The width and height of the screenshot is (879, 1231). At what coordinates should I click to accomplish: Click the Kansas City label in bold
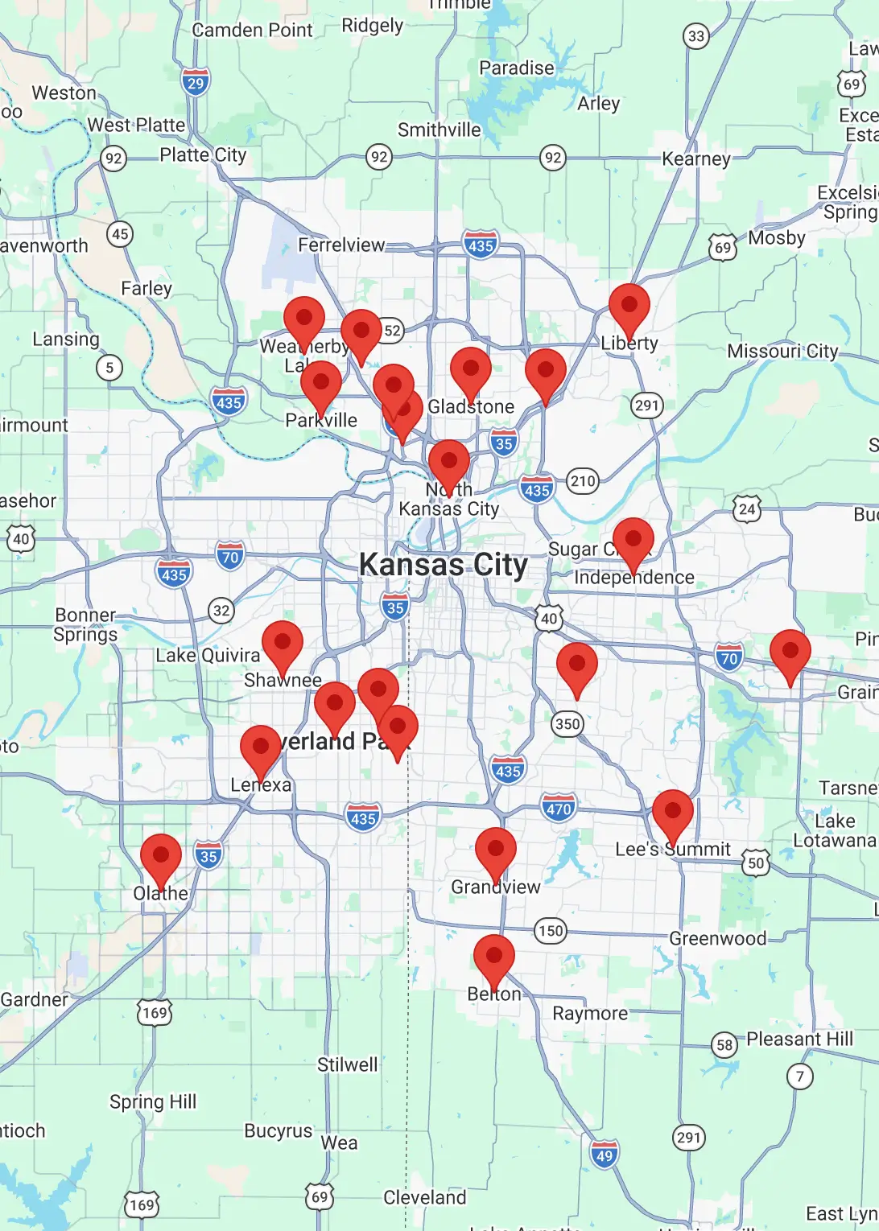coord(444,565)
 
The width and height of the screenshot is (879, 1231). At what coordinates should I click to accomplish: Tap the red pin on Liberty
coord(629,307)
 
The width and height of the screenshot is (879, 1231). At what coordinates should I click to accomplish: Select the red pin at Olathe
coord(161,856)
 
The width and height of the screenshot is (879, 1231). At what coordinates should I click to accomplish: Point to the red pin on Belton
coord(494,957)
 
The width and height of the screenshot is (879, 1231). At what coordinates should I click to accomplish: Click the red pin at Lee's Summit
coord(673,813)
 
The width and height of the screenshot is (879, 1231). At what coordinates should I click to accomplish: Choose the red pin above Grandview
coord(496,850)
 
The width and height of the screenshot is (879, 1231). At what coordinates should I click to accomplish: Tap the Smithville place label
coord(439,130)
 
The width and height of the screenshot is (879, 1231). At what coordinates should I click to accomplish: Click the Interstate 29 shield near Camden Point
coord(196,82)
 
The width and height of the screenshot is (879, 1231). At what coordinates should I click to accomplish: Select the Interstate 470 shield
coord(559,809)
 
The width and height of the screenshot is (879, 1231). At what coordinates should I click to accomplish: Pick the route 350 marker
coord(567,723)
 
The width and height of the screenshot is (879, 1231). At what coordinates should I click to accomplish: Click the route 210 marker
coord(583,481)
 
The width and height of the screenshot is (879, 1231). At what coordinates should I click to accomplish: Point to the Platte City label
coord(203,154)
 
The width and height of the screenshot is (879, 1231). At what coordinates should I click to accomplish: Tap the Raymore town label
coord(590,1013)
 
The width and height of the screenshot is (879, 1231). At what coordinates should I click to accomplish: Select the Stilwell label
coord(347,1064)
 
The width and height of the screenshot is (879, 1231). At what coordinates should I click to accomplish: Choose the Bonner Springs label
coord(85,624)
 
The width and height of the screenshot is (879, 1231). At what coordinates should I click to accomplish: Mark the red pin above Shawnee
coord(283,644)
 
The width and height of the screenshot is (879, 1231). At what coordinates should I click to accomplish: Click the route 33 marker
coord(696,36)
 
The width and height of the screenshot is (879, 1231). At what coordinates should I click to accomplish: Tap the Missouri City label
coord(782,351)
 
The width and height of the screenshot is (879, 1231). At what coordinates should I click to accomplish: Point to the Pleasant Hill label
coord(799,1039)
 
